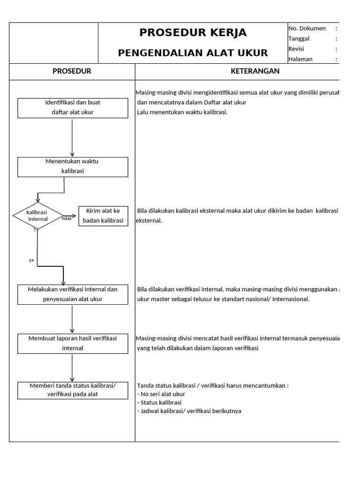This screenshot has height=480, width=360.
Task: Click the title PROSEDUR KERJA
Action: pyautogui.click(x=193, y=33)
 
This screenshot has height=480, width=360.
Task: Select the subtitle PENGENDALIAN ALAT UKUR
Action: pyautogui.click(x=193, y=53)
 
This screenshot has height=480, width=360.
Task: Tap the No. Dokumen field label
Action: pyautogui.click(x=307, y=29)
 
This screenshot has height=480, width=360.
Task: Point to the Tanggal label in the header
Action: pyautogui.click(x=299, y=39)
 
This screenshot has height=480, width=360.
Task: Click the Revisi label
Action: pyautogui.click(x=296, y=49)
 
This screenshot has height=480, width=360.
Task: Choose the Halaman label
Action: pyautogui.click(x=300, y=59)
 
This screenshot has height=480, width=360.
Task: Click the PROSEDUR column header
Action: pyautogui.click(x=72, y=71)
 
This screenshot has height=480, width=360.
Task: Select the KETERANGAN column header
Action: pyautogui.click(x=255, y=71)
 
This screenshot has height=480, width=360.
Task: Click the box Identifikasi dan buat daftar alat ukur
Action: pyautogui.click(x=73, y=107)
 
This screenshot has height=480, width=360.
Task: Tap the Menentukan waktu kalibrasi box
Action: pyautogui.click(x=73, y=166)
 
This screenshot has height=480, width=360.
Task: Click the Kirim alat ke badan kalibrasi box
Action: pyautogui.click(x=103, y=216)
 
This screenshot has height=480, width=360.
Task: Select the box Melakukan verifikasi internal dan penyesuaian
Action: pyautogui.click(x=73, y=294)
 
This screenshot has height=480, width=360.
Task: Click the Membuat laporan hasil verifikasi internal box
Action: pyautogui.click(x=73, y=343)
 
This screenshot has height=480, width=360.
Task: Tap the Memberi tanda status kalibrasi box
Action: pyautogui.click(x=73, y=390)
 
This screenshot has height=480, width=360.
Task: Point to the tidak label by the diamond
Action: pyautogui.click(x=67, y=218)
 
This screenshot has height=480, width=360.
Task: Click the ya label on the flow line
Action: pyautogui.click(x=31, y=260)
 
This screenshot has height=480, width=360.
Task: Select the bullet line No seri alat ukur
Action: pyautogui.click(x=161, y=394)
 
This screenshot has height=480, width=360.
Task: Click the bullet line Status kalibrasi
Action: pyautogui.click(x=159, y=402)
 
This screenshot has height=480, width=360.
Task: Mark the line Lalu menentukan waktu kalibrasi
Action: pyautogui.click(x=182, y=112)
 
